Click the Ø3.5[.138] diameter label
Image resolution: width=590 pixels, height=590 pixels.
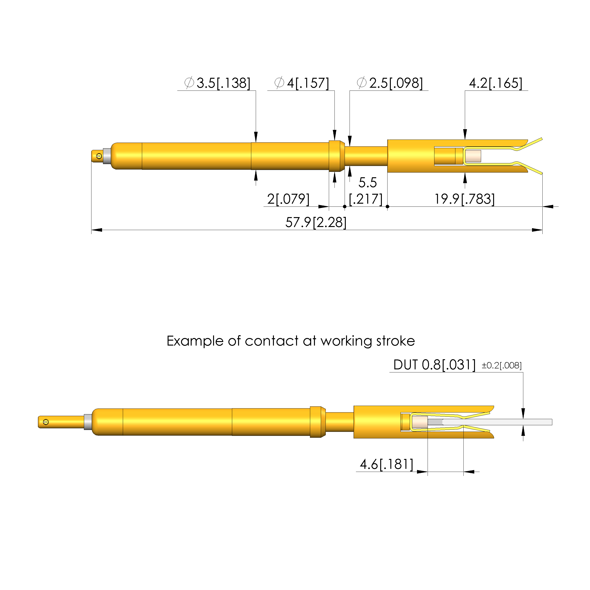(x=217, y=83)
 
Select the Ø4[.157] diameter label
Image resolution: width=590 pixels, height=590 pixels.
(x=302, y=83)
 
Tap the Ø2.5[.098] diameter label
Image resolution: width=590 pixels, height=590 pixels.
(x=390, y=83)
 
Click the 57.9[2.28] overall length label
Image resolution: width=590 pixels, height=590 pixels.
(x=316, y=222)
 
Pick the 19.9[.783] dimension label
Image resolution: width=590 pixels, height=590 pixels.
(x=465, y=199)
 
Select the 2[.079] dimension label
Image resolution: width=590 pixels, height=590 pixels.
(x=288, y=199)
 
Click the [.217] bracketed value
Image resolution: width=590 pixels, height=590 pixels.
(x=366, y=199)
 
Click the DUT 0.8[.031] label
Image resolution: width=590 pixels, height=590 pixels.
(x=434, y=365)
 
